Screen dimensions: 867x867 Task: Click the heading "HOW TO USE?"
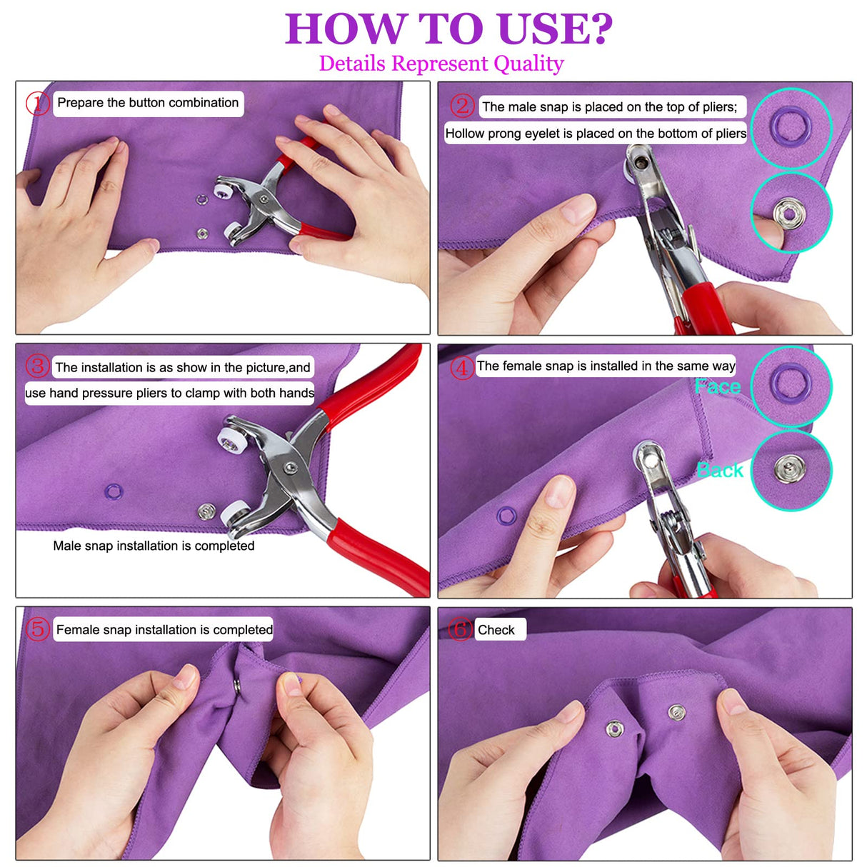click(x=448, y=29)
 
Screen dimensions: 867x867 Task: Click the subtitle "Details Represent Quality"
click(x=441, y=64)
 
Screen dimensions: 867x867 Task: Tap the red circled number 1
click(x=37, y=104)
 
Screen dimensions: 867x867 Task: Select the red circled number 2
click(x=462, y=106)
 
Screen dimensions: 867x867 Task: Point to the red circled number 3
click(x=37, y=366)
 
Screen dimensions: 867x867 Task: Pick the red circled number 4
click(x=462, y=367)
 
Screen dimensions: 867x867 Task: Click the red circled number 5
click(x=37, y=629)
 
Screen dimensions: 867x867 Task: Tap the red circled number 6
click(x=461, y=629)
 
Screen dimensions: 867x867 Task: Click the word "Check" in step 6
click(x=496, y=630)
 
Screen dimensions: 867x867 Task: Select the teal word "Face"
click(x=718, y=386)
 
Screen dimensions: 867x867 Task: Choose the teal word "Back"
click(x=720, y=470)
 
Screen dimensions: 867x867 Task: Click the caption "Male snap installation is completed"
click(x=154, y=546)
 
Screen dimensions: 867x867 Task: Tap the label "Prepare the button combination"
click(x=148, y=103)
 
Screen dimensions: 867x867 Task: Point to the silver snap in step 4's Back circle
click(x=789, y=468)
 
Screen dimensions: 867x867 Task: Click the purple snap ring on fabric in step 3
click(x=114, y=491)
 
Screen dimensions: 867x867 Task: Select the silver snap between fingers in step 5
click(x=237, y=686)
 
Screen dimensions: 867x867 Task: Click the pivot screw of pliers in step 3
click(x=289, y=468)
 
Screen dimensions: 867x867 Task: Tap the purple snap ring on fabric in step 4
click(x=506, y=515)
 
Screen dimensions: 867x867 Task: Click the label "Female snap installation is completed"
click(x=164, y=630)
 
